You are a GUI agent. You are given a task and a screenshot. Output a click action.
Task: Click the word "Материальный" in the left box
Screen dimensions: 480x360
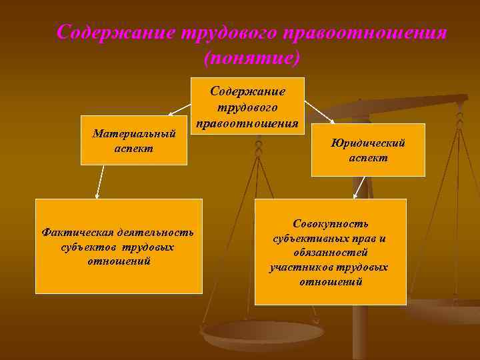pos(133,133)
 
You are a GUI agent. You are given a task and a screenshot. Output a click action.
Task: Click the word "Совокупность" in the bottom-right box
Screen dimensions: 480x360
pos(330,224)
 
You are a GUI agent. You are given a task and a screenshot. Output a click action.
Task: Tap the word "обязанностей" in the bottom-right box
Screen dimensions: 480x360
pos(330,253)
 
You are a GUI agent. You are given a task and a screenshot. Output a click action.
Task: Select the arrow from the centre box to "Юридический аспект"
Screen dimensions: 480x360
pos(318,111)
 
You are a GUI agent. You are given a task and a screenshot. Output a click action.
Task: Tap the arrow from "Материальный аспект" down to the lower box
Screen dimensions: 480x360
pos(100,181)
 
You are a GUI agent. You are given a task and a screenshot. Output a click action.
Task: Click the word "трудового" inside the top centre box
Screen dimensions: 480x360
pos(248,107)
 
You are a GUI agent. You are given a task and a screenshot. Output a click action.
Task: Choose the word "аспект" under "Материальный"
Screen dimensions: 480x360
pos(133,147)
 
